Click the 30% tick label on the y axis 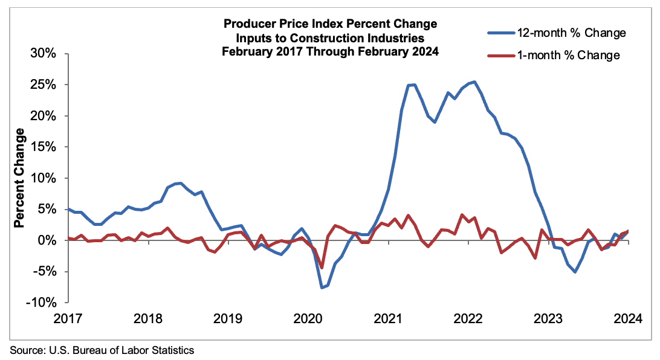(44, 53)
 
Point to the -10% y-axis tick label (41, 303)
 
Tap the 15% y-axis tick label (44, 147)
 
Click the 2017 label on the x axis (69, 318)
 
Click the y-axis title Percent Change (19, 178)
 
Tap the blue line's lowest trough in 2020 (322, 288)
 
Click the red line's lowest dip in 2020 (322, 268)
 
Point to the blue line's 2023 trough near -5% (574, 272)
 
